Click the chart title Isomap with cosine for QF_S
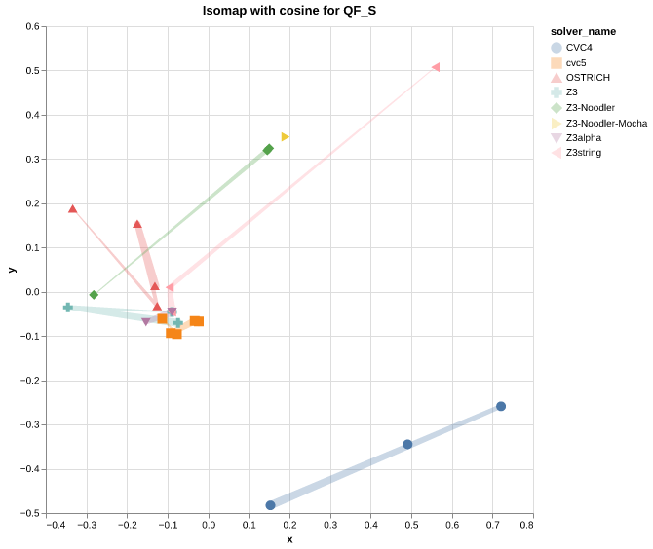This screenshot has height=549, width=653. [x=289, y=11]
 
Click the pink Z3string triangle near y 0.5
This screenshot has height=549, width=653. [x=436, y=67]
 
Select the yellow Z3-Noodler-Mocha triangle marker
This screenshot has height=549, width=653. [x=285, y=137]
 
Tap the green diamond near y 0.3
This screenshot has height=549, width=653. [x=268, y=150]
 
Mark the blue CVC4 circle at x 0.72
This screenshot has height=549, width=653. [x=501, y=406]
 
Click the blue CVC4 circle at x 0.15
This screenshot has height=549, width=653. [x=270, y=505]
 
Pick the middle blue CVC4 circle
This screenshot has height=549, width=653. [x=407, y=444]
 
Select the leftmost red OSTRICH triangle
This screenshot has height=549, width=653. [x=73, y=209]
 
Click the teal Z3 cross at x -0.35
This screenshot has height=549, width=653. [x=68, y=307]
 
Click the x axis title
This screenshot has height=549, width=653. [x=289, y=540]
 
